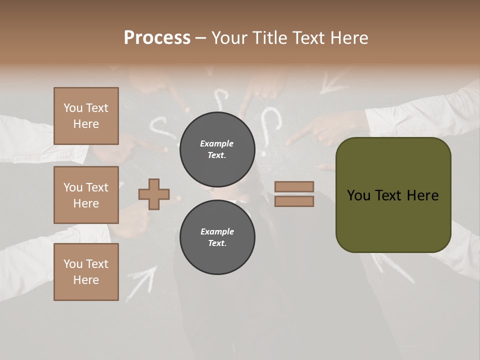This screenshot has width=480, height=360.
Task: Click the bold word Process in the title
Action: (x=157, y=38)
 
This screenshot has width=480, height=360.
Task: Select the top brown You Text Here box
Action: (x=86, y=116)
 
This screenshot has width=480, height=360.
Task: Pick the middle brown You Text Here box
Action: (x=86, y=195)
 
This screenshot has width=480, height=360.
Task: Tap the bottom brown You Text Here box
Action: (x=86, y=272)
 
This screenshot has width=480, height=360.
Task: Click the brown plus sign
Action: (x=154, y=194)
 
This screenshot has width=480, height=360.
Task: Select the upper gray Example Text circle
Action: (x=217, y=149)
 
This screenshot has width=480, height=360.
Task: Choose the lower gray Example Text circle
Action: (x=217, y=237)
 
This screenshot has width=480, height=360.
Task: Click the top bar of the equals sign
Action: (x=294, y=186)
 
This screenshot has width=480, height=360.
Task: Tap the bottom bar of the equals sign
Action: (x=294, y=201)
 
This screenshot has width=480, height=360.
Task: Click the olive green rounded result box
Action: (x=393, y=195)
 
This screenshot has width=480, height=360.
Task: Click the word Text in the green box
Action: (x=393, y=195)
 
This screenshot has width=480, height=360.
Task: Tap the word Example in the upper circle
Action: (x=217, y=143)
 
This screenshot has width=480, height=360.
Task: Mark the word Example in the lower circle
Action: (x=217, y=231)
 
